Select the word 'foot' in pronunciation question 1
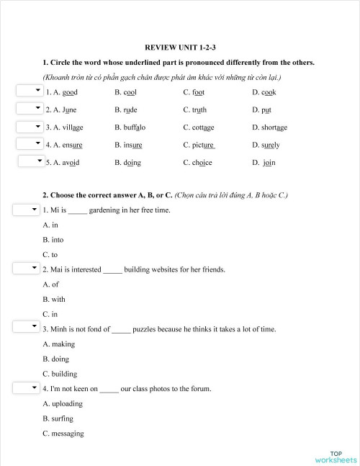pos(198,92)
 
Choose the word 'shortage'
pos(274,127)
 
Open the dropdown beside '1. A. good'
pos(29,91)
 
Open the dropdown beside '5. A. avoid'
pos(31,161)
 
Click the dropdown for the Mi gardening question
pos(26,210)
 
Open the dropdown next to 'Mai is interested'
pos(26,269)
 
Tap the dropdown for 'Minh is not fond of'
pos(26,328)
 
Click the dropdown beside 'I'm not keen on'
pos(26,387)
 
